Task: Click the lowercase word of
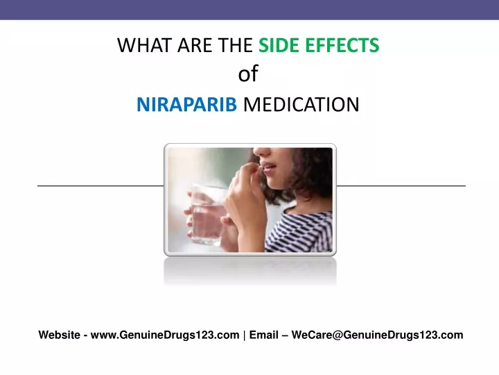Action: (x=248, y=74)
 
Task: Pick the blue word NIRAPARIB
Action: (x=187, y=104)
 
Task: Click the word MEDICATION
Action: (x=301, y=104)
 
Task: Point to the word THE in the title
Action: (x=235, y=45)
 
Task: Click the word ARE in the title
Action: (x=195, y=45)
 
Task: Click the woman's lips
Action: (x=268, y=168)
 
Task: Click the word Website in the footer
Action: (x=59, y=335)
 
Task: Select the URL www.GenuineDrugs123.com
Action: (x=165, y=335)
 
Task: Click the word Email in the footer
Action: (x=264, y=335)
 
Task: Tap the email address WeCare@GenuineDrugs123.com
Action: (x=378, y=335)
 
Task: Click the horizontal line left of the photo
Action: (x=100, y=185)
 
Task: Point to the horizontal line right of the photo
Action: (x=401, y=185)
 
